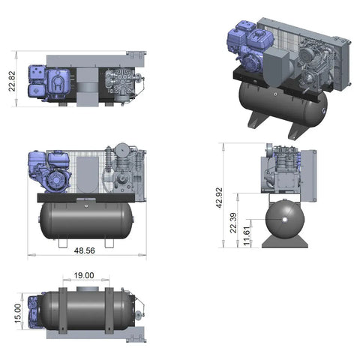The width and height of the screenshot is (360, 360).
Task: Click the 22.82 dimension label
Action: coord(12,81)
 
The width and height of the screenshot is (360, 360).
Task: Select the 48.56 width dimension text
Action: coord(85,250)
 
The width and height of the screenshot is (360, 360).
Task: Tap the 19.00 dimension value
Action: coord(84,275)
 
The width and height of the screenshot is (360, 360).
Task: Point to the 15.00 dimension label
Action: coord(18,313)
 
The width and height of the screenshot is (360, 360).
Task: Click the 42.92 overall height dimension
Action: coord(219,197)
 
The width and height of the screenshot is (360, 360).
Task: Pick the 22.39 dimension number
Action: coord(233,223)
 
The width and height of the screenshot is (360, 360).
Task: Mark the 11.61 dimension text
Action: coord(247,235)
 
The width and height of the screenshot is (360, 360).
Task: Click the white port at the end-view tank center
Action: coord(285,220)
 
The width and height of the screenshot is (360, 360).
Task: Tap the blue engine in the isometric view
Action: coord(250,46)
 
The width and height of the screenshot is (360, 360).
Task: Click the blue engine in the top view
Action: coord(49,82)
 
